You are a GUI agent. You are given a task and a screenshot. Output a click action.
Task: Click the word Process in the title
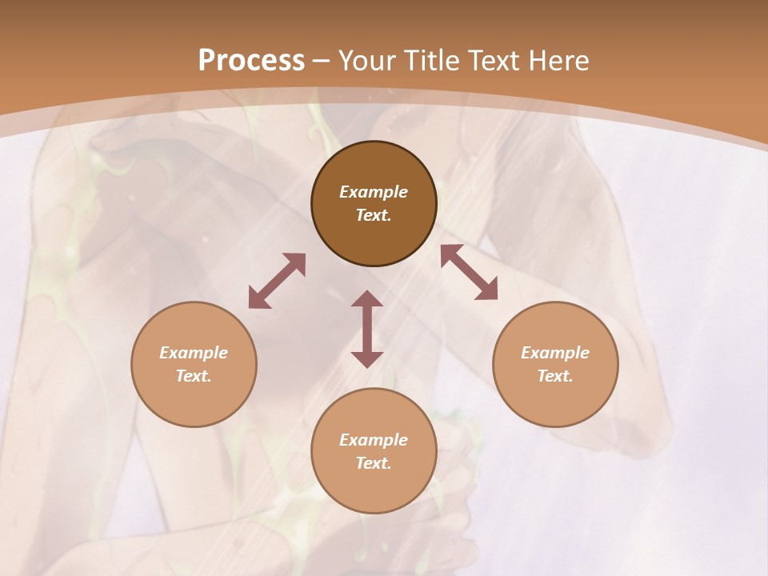click(x=251, y=61)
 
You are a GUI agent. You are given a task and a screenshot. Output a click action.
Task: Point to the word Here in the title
click(x=560, y=61)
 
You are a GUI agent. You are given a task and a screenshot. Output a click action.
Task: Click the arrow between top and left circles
click(x=277, y=281)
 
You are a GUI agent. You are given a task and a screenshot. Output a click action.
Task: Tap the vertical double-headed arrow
click(x=367, y=329)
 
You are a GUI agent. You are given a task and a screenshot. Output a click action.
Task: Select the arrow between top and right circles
click(x=470, y=272)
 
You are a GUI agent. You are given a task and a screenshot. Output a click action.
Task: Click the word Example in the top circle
click(x=374, y=192)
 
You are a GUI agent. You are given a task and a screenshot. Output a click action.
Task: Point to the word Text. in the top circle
click(x=374, y=215)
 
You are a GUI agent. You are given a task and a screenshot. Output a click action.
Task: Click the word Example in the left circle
click(x=194, y=353)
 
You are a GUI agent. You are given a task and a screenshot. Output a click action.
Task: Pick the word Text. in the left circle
click(x=194, y=376)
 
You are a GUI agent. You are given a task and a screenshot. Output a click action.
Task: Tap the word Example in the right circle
click(x=555, y=353)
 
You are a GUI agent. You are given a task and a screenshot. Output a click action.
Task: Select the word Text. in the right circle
click(x=555, y=376)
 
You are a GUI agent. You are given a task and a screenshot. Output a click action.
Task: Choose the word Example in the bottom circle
click(x=374, y=440)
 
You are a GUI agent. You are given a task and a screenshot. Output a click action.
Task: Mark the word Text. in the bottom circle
click(x=374, y=463)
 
